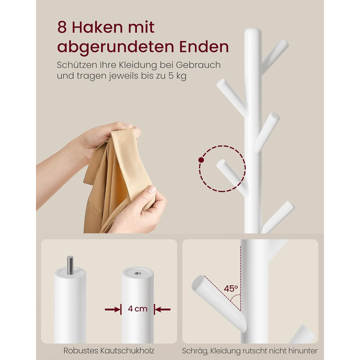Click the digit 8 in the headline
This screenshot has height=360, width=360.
[62, 27]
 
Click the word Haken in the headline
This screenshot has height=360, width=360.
[98, 27]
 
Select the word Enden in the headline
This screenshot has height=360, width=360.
[204, 47]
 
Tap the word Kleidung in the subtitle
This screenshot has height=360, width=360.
[137, 65]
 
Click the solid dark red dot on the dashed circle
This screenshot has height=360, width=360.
[201, 160]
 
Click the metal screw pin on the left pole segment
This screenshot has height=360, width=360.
[70, 265]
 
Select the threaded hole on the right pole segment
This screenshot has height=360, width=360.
[138, 273]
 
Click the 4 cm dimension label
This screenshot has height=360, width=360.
[137, 309]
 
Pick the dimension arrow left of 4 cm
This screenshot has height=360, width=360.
[113, 310]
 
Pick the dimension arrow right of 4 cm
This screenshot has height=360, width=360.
[163, 310]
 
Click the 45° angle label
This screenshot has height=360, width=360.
[231, 289]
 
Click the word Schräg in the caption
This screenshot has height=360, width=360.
[195, 351]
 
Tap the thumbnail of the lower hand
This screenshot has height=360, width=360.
[152, 189]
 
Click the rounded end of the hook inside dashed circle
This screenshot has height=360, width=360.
[221, 164]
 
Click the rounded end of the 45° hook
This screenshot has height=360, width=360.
[197, 282]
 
